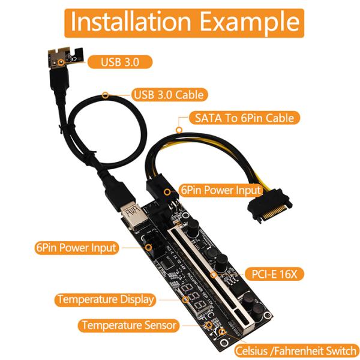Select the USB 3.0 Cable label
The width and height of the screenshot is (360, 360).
click(x=167, y=94)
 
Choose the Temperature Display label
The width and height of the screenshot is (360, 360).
click(x=106, y=299)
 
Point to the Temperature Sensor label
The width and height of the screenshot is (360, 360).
click(x=129, y=325)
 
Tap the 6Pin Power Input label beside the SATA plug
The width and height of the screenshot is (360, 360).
click(x=221, y=190)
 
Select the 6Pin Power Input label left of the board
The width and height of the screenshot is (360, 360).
click(x=76, y=247)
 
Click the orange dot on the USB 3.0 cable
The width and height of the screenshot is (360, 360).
click(x=106, y=95)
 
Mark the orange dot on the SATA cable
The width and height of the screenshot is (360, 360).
click(x=178, y=128)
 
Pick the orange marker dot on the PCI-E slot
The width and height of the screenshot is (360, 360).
click(x=214, y=275)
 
